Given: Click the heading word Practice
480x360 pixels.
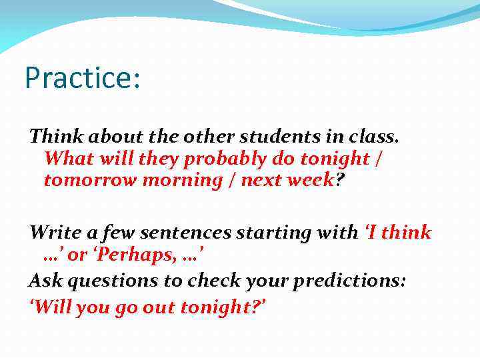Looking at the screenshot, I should click(x=79, y=77).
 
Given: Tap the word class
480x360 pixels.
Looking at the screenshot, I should click(x=374, y=137).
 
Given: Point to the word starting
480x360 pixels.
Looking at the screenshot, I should click(x=276, y=233).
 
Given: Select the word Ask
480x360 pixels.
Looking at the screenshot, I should click(x=44, y=281).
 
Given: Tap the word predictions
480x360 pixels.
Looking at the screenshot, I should click(x=350, y=281).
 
